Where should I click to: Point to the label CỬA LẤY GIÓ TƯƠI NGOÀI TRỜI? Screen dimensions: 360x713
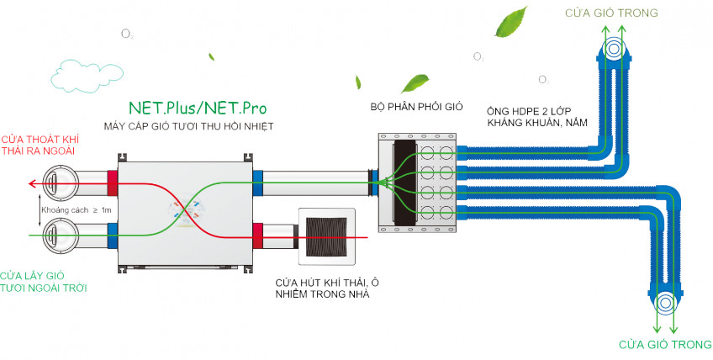[x=43, y=281]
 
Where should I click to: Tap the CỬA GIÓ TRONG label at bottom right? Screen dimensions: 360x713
[x=664, y=345]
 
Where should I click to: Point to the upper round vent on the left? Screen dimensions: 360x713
[x=61, y=182]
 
